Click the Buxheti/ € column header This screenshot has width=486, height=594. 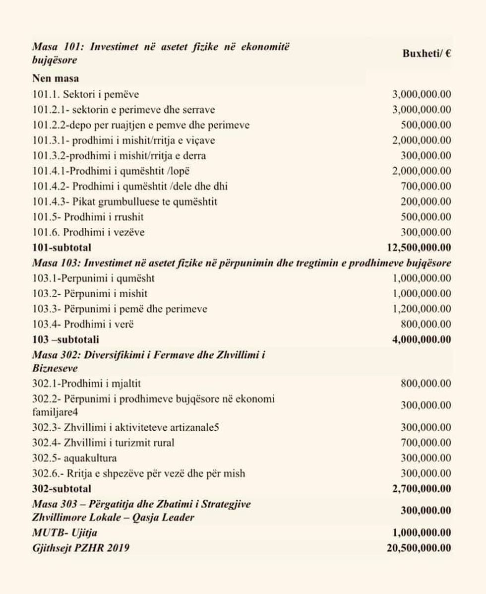pos(426,54)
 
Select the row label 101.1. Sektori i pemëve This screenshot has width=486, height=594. pos(85,94)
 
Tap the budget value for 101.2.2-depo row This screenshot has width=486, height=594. pos(425,125)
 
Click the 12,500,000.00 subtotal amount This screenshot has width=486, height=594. pos(419,247)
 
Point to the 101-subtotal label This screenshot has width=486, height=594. pos(61,247)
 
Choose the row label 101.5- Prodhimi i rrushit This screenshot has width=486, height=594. pos(88,217)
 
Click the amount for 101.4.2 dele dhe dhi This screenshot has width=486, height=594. pos(425,187)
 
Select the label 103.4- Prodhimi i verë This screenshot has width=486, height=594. pos(83,325)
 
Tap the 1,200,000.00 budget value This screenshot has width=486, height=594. pos(422,309)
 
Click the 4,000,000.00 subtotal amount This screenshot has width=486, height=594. pos(422,340)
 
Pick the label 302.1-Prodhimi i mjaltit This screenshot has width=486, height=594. pos(86,384)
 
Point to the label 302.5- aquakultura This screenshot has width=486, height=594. pos(74,458)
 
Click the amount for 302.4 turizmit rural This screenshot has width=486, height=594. pos(425,443)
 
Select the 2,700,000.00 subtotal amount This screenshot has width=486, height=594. pos(422,489)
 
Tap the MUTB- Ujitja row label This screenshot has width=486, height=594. pos(64,533)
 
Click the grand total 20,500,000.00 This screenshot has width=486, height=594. pos(419,548)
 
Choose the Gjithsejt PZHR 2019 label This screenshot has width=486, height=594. pos(81,548)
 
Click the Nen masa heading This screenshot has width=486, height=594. pos(55,78)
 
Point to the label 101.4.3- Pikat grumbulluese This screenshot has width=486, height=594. pos(124,202)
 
